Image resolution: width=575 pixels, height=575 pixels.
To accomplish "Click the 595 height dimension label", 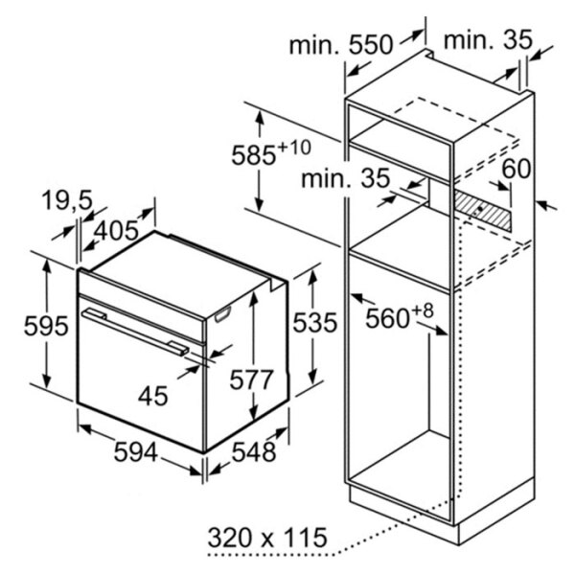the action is coord(46,326).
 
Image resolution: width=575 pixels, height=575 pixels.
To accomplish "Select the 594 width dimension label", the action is coord(136,451).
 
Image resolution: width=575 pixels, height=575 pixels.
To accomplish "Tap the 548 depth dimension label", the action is coord(254,451).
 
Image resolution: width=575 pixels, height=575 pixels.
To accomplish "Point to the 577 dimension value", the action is coord(251,379).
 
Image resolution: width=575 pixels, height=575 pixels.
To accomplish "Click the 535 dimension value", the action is coord(314,323).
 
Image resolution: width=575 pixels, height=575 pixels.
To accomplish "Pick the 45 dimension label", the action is coord(153,396).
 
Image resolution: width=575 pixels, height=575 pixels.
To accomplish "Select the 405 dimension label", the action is coord(116,231).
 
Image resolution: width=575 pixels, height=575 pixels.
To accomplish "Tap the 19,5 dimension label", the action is coord(67,201).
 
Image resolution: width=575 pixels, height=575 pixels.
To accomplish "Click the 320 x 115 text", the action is coord(267,538).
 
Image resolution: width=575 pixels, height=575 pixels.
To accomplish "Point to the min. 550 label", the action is coord(341,45).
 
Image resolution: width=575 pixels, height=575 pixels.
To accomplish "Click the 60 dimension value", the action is coord(516,169).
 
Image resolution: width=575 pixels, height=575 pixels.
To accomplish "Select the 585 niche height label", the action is coord(253,155).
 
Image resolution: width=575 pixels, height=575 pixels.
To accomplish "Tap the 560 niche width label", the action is coord(387,318).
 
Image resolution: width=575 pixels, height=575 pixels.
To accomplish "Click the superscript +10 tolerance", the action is coord(294,148).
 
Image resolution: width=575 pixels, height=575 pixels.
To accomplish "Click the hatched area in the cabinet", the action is coord(482,211).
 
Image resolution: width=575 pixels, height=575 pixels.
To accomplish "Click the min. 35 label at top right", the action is coord(488,40).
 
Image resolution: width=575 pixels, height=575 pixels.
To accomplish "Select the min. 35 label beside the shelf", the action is coord(345,179).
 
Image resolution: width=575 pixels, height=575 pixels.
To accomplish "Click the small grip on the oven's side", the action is coord(223,314).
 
